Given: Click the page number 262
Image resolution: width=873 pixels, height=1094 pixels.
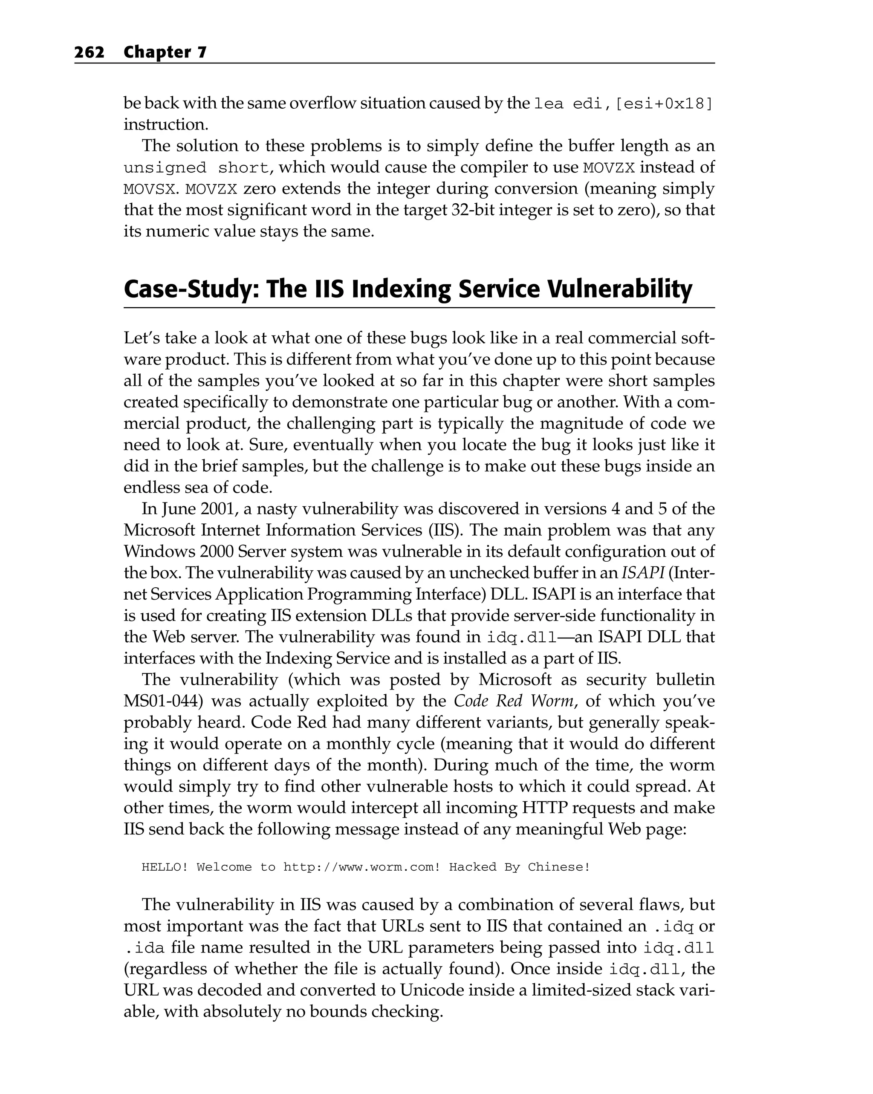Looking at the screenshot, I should click(90, 52).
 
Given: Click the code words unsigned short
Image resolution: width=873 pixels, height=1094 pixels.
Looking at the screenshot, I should click(197, 168).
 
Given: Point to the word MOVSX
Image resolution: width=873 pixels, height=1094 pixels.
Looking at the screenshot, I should click(151, 189).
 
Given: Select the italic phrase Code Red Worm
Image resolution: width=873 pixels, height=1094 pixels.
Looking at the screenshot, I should click(514, 701).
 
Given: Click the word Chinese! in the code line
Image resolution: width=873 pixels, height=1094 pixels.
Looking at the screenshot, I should click(559, 867).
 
